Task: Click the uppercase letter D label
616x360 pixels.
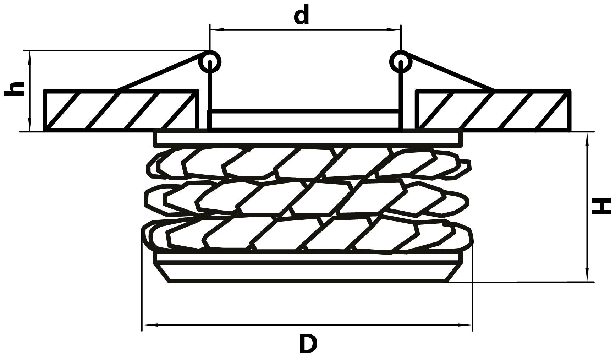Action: click(x=308, y=343)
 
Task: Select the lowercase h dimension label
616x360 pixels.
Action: click(x=14, y=88)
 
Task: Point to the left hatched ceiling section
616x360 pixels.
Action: click(x=121, y=111)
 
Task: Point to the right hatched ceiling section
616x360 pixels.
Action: click(x=493, y=111)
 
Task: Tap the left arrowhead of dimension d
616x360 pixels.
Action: click(x=215, y=30)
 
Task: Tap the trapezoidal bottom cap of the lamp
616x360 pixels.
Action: click(x=308, y=272)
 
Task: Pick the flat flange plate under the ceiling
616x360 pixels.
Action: click(x=308, y=139)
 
